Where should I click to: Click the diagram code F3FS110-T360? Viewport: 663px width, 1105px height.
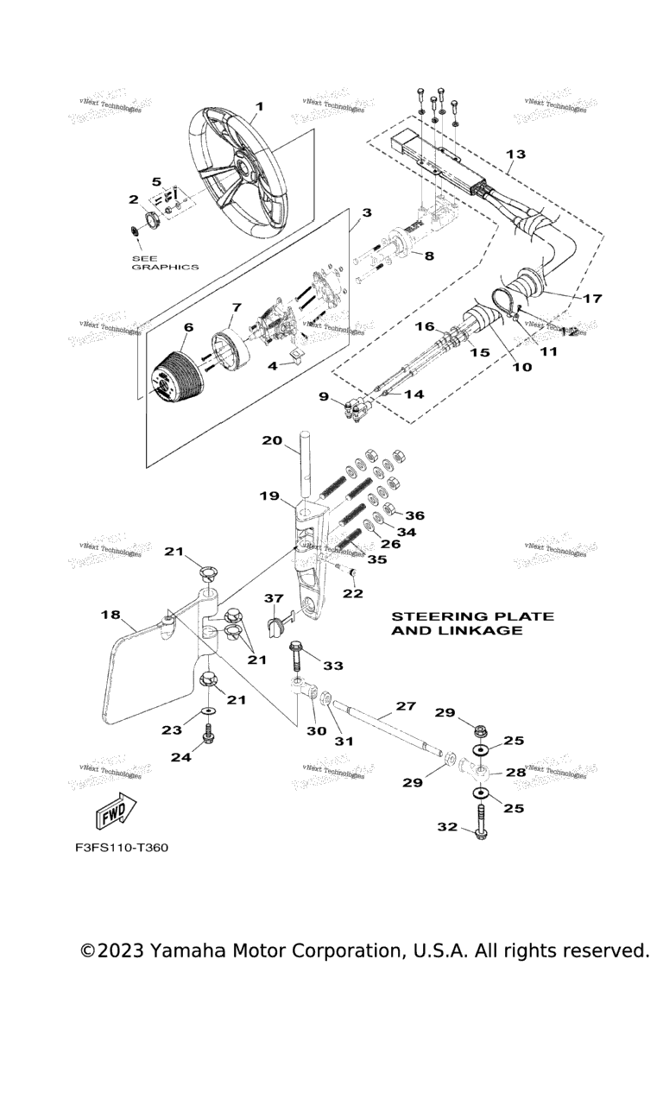pyautogui.click(x=121, y=848)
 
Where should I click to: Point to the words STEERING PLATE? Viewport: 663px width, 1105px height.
pyautogui.click(x=472, y=616)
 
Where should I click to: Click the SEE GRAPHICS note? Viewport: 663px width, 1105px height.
pyautogui.click(x=164, y=262)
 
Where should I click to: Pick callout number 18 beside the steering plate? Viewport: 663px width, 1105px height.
pyautogui.click(x=110, y=615)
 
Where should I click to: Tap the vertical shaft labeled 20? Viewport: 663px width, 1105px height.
pyautogui.click(x=306, y=466)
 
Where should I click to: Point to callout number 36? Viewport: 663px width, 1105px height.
pyautogui.click(x=415, y=515)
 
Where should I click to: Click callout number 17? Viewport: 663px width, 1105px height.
pyautogui.click(x=592, y=299)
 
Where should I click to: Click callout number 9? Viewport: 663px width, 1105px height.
pyautogui.click(x=323, y=396)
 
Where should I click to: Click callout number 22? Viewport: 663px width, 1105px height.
pyautogui.click(x=353, y=593)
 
